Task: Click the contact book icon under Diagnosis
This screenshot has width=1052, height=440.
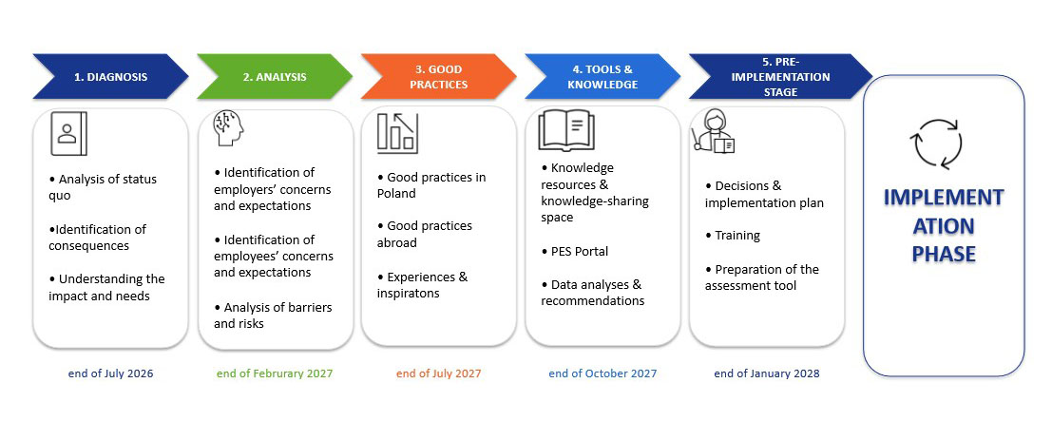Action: click(68, 133)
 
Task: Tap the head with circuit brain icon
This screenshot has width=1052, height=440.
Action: click(228, 129)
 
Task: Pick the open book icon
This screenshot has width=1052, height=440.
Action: click(566, 129)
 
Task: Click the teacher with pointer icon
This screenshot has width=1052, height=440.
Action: click(714, 131)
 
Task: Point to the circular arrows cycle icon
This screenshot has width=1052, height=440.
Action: click(936, 143)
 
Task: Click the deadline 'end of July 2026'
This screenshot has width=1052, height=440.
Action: click(110, 373)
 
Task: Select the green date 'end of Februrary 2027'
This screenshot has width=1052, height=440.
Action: click(275, 373)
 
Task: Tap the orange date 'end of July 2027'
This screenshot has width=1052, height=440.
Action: click(439, 373)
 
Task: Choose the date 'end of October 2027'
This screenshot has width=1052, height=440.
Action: click(603, 373)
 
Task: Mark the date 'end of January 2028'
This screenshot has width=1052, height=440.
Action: click(767, 373)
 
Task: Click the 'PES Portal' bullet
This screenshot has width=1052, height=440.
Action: click(575, 252)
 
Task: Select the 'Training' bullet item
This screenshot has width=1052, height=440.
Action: click(733, 236)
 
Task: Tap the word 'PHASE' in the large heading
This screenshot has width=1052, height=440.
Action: click(944, 254)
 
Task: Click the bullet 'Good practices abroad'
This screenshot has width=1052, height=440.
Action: click(425, 234)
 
